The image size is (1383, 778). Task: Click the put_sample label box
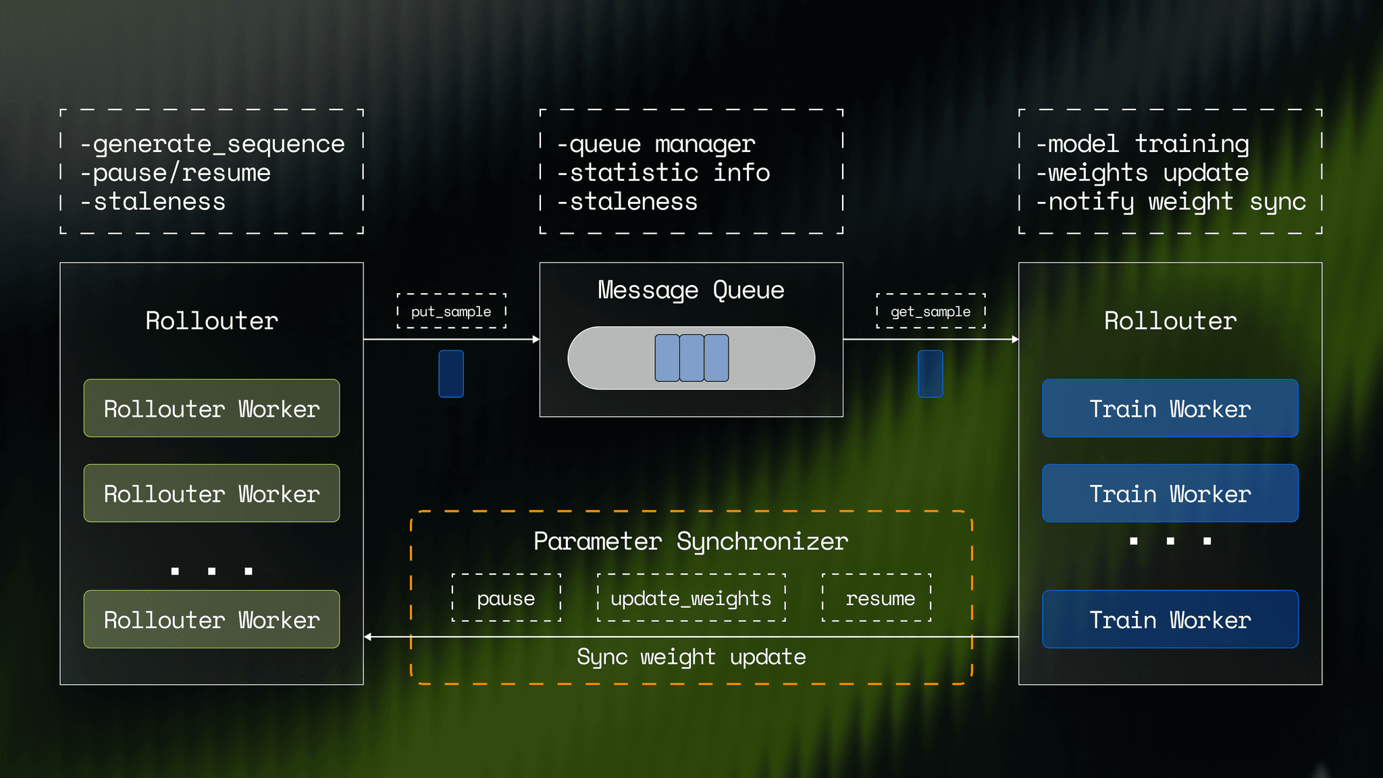[451, 311]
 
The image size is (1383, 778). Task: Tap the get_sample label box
[931, 311]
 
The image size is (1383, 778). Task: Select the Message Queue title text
[691, 290]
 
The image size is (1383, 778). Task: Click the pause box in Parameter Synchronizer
[506, 598]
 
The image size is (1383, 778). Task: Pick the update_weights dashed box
[691, 598]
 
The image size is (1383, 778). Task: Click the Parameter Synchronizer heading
[691, 541]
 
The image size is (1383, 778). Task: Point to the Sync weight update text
[691, 656]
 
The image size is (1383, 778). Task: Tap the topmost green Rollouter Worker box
[211, 409]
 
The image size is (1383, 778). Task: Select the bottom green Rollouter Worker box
[211, 619]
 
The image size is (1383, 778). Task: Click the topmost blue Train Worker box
[1170, 409]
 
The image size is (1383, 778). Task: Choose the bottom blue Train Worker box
[1170, 619]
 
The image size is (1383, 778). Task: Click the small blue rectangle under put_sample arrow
[451, 373]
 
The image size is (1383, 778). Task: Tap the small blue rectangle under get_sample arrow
[930, 373]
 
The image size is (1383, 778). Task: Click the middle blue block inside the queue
[691, 358]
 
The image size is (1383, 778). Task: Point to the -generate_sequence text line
[212, 144]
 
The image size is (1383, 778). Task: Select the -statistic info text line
[663, 173]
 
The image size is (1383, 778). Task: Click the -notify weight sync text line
[1170, 202]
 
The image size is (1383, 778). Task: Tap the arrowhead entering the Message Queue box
[536, 340]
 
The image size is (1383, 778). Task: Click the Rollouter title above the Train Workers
[1170, 321]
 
